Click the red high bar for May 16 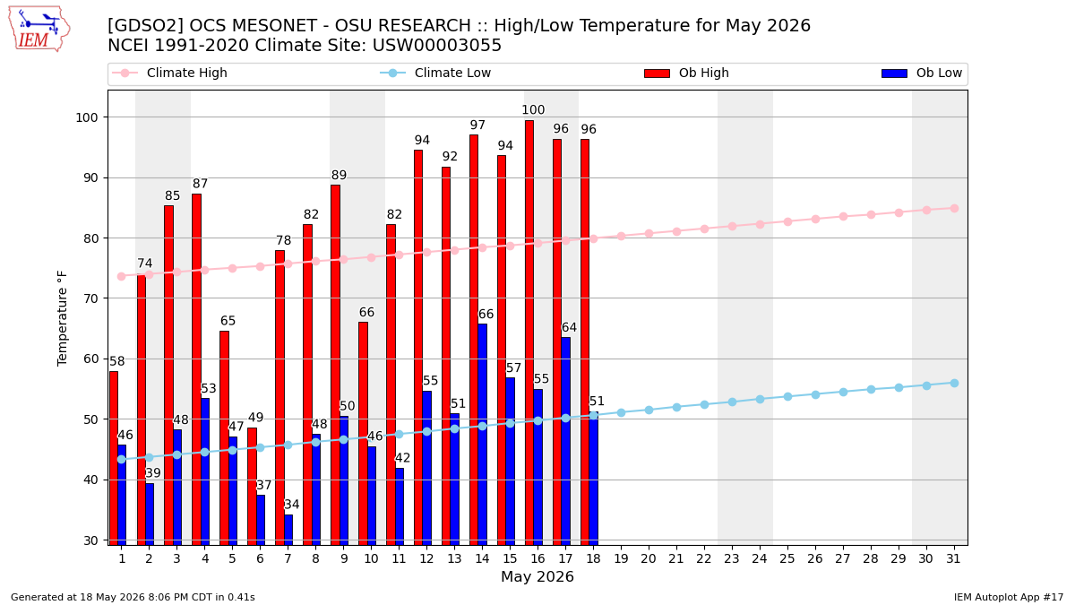(x=529, y=333)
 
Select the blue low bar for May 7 (x=288, y=530)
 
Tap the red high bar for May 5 (x=225, y=438)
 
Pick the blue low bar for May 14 (x=483, y=435)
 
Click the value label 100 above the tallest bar (x=533, y=110)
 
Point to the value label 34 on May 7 (x=292, y=504)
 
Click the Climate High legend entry (x=169, y=73)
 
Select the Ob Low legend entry (x=922, y=73)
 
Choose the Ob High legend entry (x=687, y=73)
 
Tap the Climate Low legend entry (x=435, y=73)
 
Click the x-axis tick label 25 (x=787, y=559)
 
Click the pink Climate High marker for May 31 (x=955, y=208)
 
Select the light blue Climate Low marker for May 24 (x=760, y=399)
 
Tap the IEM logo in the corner (x=39, y=30)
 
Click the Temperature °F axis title (x=63, y=319)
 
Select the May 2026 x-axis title (x=537, y=576)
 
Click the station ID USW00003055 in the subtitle (x=437, y=45)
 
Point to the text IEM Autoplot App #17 (x=1009, y=597)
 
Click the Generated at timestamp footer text (x=133, y=597)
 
